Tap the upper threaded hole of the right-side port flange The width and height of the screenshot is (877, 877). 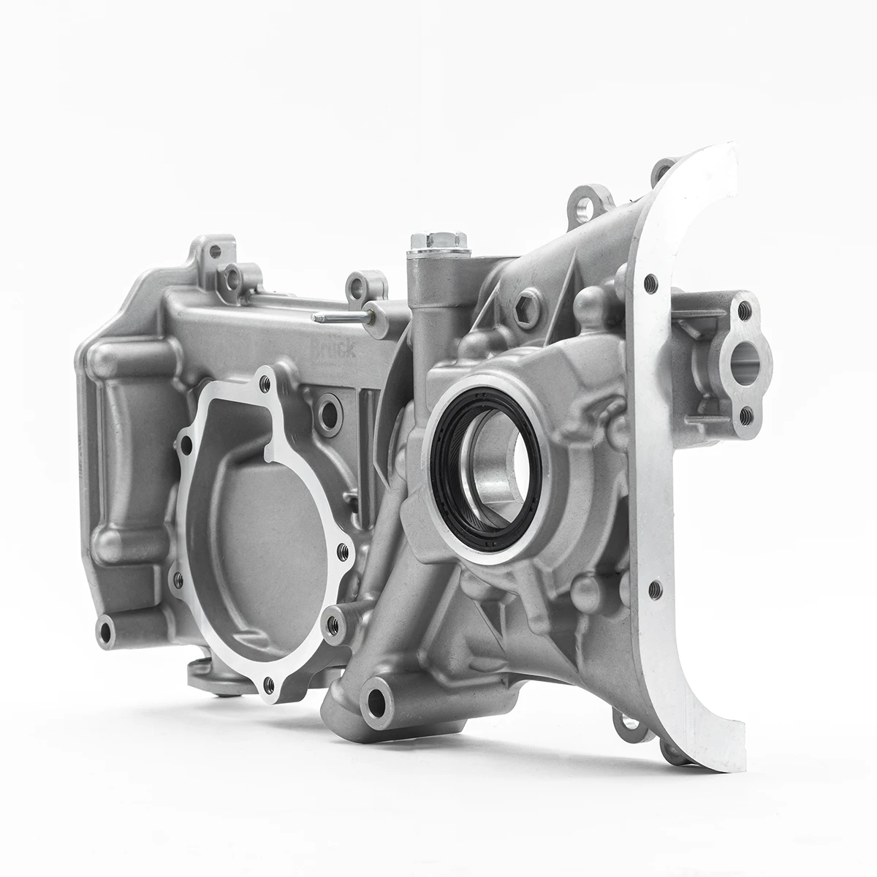click(744, 308)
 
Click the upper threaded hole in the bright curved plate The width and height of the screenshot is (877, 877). click(646, 280)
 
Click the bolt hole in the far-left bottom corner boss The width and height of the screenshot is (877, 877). click(108, 629)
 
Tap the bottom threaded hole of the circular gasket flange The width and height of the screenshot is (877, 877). click(269, 683)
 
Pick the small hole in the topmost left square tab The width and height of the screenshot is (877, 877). click(212, 250)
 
